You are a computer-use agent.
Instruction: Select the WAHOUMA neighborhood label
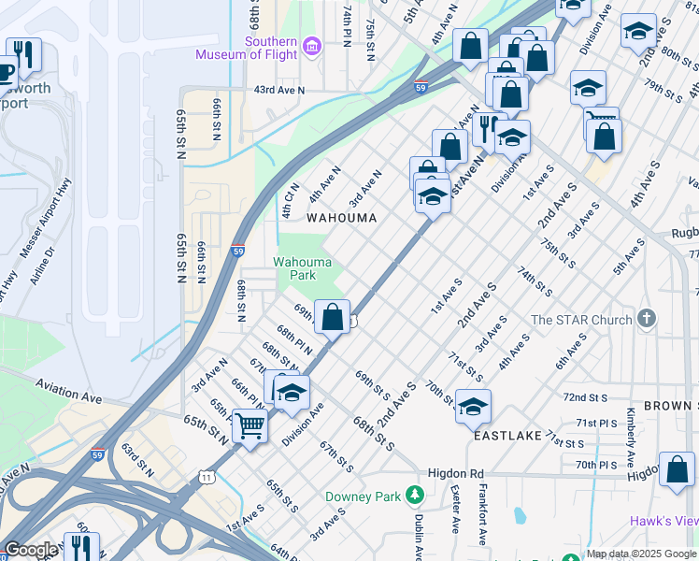[342, 218]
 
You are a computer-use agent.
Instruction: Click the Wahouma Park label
[302, 269]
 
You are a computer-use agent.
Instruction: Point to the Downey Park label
[362, 496]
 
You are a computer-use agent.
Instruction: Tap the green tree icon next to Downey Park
[411, 496]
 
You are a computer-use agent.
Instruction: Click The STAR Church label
[581, 321]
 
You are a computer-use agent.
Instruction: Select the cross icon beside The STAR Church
[646, 320]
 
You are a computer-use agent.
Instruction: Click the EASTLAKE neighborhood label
[508, 436]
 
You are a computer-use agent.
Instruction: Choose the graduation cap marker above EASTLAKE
[474, 406]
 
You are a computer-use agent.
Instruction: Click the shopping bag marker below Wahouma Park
[332, 316]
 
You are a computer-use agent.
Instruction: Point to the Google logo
[31, 551]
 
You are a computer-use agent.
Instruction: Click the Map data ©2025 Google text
[641, 554]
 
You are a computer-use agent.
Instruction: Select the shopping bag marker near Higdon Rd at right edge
[677, 469]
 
